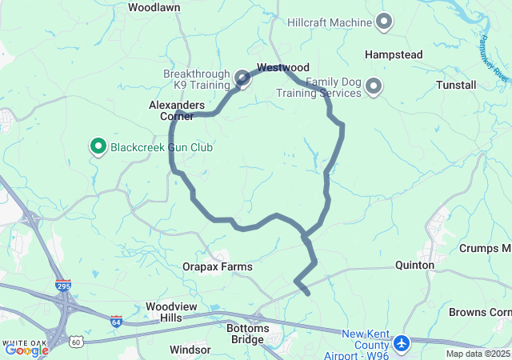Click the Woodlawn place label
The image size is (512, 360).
[x=154, y=7]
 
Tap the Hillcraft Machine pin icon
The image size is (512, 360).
[x=384, y=22]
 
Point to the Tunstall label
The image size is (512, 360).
[x=456, y=85]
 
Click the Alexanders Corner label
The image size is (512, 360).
[x=177, y=110]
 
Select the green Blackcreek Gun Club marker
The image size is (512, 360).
[x=98, y=146]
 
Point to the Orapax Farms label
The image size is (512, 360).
[x=217, y=266]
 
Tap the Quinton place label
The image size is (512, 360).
[x=415, y=265]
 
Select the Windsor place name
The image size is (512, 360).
[x=190, y=350]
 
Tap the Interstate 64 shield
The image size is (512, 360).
[x=116, y=321]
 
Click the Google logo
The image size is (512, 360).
[x=26, y=350]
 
